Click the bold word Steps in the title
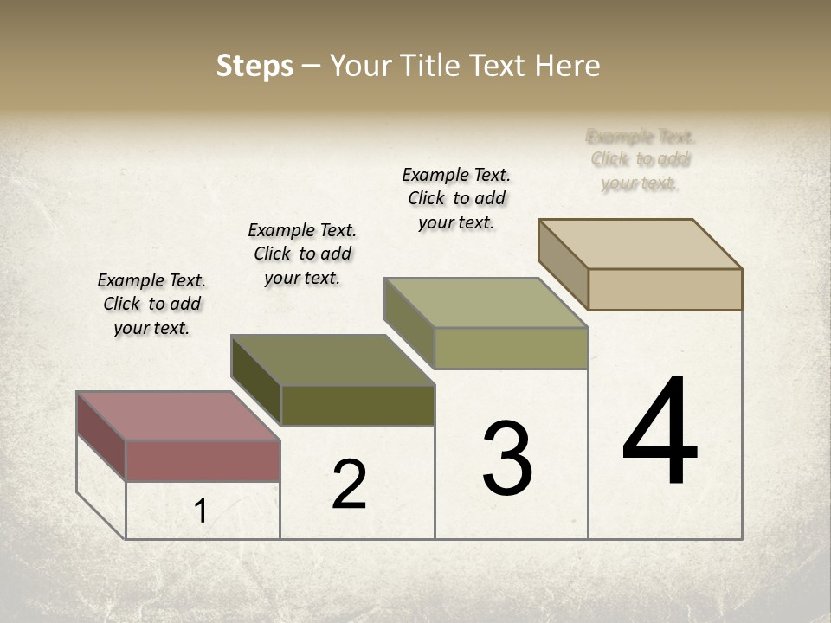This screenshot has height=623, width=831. (x=254, y=66)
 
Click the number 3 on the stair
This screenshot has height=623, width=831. (x=507, y=459)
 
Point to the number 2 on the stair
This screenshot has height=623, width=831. (x=350, y=485)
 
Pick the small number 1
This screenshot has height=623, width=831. (x=201, y=511)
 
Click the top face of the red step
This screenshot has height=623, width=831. (x=177, y=415)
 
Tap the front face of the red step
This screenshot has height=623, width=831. (x=203, y=460)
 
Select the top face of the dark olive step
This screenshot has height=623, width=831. (x=332, y=360)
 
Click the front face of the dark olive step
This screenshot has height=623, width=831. (x=358, y=405)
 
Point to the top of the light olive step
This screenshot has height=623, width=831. (x=486, y=303)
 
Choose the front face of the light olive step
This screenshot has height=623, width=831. (x=511, y=348)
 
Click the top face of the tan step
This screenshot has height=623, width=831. (x=640, y=244)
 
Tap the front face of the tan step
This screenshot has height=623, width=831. (x=665, y=289)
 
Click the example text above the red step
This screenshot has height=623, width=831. (x=151, y=304)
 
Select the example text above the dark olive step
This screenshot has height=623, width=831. (x=302, y=254)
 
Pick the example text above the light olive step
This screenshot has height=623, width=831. (x=456, y=198)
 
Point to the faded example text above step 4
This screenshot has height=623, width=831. (x=640, y=159)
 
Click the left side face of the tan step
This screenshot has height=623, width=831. (x=563, y=264)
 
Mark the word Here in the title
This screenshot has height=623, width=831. (x=568, y=66)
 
